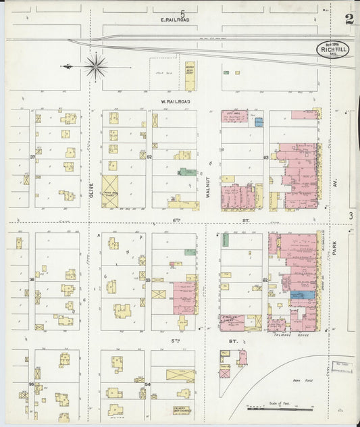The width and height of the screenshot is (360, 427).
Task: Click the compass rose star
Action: tap(95, 66)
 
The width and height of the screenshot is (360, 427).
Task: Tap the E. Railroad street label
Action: tap(175, 20)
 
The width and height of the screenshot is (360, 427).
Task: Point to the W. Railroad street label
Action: tap(175, 101)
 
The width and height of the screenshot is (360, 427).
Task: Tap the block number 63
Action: tap(266, 157)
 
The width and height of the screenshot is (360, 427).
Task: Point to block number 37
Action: tap(32, 157)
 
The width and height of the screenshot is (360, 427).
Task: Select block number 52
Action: tap(149, 157)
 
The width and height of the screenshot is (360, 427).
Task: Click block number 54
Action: tap(147, 384)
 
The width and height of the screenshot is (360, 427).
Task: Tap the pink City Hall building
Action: tap(234, 116)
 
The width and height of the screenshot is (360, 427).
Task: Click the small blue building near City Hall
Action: tap(259, 123)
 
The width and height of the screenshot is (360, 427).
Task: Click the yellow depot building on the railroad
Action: tap(190, 76)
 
